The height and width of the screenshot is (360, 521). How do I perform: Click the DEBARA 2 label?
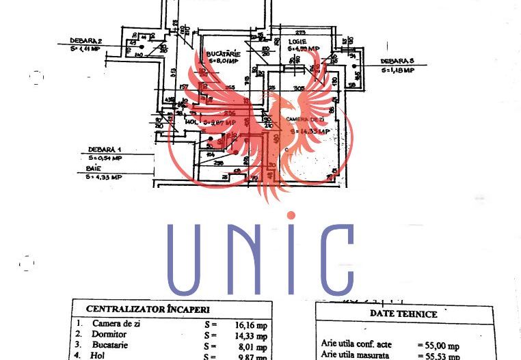click(x=85, y=40)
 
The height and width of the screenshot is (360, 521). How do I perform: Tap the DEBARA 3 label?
click(x=398, y=61)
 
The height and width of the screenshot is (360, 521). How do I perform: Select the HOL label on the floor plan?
click(x=192, y=123)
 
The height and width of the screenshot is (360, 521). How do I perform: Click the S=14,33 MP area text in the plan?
click(x=310, y=131)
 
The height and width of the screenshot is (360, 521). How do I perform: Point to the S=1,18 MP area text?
click(x=398, y=70)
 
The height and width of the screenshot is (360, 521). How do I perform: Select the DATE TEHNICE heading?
click(x=403, y=314)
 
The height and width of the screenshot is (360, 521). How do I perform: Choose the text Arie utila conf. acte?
click(x=357, y=346)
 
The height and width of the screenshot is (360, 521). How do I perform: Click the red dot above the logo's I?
click(x=292, y=216)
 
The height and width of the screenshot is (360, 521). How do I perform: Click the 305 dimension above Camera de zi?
click(x=298, y=88)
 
